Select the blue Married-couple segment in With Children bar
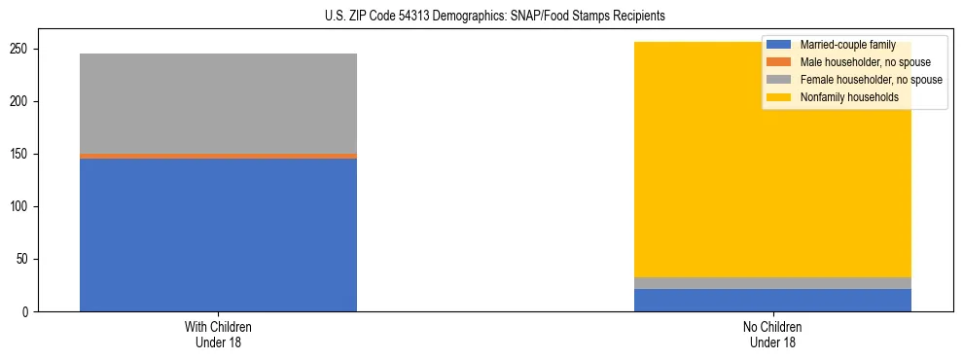coord(218,234)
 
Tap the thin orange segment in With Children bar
coord(218,156)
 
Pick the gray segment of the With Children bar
coord(218,103)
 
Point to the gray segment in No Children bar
coord(772,283)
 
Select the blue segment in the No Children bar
coord(772,301)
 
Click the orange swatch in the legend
coord(779,62)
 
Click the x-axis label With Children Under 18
coord(218,335)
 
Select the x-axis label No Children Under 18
coord(772,335)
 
